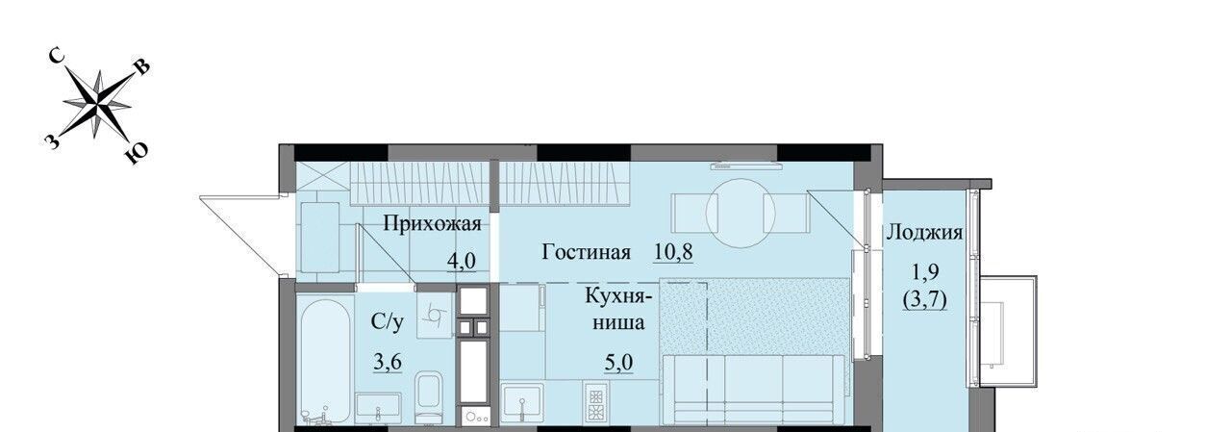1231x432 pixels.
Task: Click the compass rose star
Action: [x=97, y=103]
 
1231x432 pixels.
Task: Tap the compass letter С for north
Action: [x=58, y=57]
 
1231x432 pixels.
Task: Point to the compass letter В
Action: [x=141, y=67]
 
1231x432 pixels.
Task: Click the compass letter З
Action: [x=51, y=142]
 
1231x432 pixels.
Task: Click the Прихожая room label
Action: [x=432, y=224]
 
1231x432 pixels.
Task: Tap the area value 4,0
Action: [x=461, y=261]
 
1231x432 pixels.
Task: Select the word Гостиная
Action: [x=586, y=252]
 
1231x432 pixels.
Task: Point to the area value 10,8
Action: [x=673, y=252]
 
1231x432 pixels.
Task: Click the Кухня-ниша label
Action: [x=618, y=308]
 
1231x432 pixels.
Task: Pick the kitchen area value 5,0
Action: [x=618, y=362]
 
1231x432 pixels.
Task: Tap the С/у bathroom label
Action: [x=387, y=321]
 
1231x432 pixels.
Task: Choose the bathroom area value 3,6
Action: [x=388, y=362]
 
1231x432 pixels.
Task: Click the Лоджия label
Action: [x=924, y=233]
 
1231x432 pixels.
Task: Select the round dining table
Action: [x=741, y=214]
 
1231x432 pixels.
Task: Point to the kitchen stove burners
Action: [x=595, y=402]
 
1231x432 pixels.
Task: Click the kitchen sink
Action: [x=522, y=403]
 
